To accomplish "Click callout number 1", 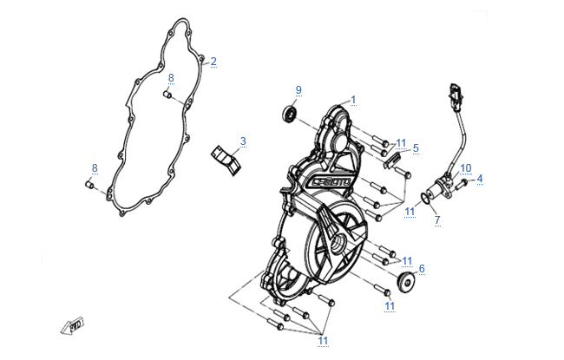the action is coord(353,100).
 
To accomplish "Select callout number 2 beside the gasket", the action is coord(213,61).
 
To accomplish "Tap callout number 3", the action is coord(243,141).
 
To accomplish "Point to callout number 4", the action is coord(480,179).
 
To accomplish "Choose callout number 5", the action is coord(416,147).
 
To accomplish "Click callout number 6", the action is coord(422,268).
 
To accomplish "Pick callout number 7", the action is coord(437,219).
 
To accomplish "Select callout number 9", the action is coord(298,90).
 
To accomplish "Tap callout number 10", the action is coord(465,168).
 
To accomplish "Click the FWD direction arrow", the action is coord(72,326).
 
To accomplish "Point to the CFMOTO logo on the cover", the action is coord(331,182).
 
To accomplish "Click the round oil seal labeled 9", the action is coord(289,114).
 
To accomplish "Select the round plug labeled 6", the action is coord(405,282).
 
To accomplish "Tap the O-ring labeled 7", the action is coord(425,198).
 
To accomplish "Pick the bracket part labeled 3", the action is coord(226,160).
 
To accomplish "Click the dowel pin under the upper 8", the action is coord(167,95).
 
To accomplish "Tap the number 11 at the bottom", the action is coord(323,341).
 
